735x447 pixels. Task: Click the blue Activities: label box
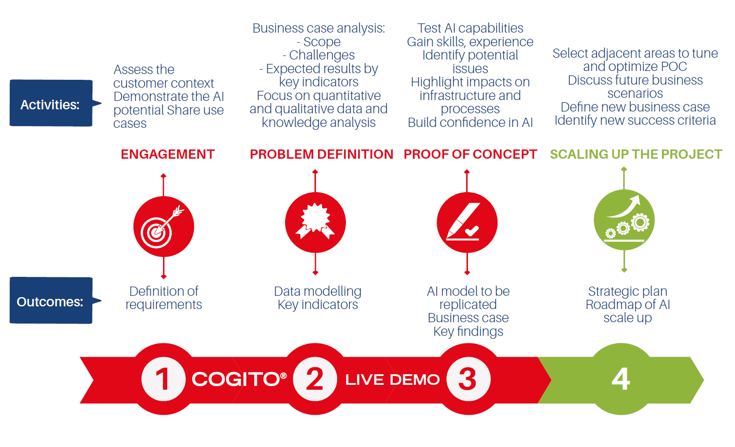pyautogui.click(x=52, y=103)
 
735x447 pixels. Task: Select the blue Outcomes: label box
pyautogui.click(x=52, y=301)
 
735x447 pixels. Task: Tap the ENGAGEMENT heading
pyautogui.click(x=168, y=154)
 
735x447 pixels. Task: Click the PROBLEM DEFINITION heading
pyautogui.click(x=322, y=154)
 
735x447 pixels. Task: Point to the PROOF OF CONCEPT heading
pyautogui.click(x=470, y=154)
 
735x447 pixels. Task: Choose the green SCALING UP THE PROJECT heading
pyautogui.click(x=636, y=154)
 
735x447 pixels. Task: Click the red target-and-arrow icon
pyautogui.click(x=164, y=227)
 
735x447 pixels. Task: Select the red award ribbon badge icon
pyautogui.click(x=316, y=223)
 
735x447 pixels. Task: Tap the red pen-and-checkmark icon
pyautogui.click(x=467, y=223)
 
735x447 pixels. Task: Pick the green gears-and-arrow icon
pyautogui.click(x=624, y=220)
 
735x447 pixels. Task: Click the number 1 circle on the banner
pyautogui.click(x=163, y=379)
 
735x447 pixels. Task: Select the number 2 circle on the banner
pyautogui.click(x=315, y=379)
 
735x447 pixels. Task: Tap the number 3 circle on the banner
pyautogui.click(x=468, y=379)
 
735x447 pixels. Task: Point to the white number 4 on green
pyautogui.click(x=621, y=379)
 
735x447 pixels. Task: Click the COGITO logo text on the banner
pyautogui.click(x=239, y=380)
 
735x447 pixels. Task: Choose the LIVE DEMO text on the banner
pyautogui.click(x=393, y=380)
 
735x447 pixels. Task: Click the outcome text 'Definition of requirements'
pyautogui.click(x=164, y=298)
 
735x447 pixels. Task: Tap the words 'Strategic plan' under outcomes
pyautogui.click(x=628, y=291)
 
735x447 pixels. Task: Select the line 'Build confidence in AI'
pyautogui.click(x=470, y=123)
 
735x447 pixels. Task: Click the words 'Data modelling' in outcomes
pyautogui.click(x=318, y=291)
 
